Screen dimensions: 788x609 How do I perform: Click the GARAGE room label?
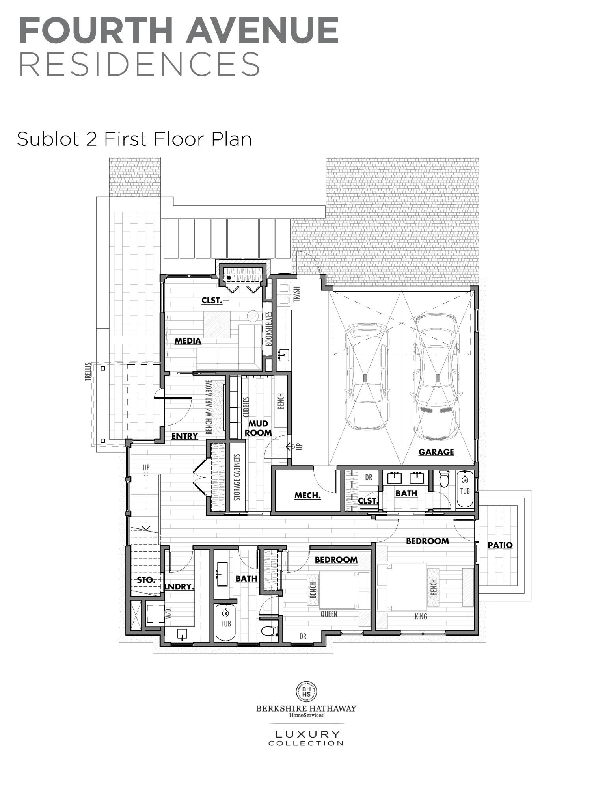point(436,452)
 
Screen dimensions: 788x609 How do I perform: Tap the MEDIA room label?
point(188,340)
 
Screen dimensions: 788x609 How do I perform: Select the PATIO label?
point(500,545)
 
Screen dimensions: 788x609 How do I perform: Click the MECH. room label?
point(307,496)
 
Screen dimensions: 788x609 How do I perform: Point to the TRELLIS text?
point(88,372)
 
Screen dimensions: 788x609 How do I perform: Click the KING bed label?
point(421,617)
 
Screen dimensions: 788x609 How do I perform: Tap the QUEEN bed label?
point(329,614)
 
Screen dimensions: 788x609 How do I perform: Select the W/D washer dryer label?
point(168,613)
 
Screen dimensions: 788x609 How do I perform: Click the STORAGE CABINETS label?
point(237,478)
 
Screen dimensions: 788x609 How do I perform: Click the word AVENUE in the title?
point(262,30)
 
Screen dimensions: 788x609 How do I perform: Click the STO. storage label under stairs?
point(146,580)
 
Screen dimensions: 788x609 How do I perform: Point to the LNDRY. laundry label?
point(179,587)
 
